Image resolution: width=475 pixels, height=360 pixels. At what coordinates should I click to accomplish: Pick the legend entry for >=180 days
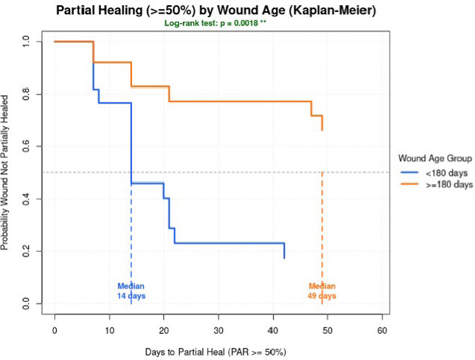click(x=444, y=183)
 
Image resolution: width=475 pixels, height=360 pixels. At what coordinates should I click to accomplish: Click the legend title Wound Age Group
click(x=434, y=158)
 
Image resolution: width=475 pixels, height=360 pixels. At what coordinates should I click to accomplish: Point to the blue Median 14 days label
click(x=130, y=291)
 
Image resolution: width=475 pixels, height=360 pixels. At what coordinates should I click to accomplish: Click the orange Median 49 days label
click(x=322, y=291)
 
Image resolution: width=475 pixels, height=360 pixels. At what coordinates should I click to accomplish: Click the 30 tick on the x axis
click(x=218, y=329)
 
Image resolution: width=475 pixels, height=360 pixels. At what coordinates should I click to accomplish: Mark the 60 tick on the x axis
click(x=382, y=329)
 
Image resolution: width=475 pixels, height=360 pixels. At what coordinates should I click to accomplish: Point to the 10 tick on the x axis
click(x=109, y=329)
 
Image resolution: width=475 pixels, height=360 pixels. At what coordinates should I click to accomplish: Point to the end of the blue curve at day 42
click(x=284, y=257)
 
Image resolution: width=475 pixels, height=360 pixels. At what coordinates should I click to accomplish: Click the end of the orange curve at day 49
click(x=322, y=130)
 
